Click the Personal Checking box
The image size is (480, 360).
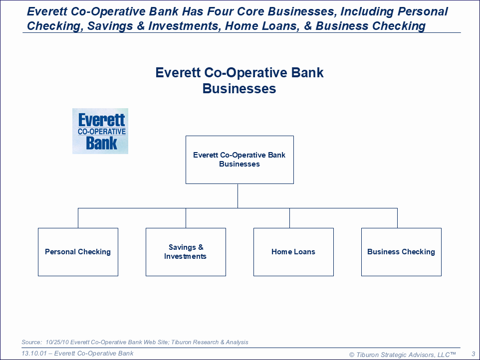[78, 252]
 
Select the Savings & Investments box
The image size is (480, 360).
[186, 252]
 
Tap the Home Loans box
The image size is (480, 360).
[293, 252]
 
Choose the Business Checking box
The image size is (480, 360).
[401, 252]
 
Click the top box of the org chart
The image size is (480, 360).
[240, 160]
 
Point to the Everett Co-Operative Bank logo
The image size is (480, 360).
[100, 131]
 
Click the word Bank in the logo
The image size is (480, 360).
[101, 143]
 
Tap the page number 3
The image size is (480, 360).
[474, 354]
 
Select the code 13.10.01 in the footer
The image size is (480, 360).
[34, 354]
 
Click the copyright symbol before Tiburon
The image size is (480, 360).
[352, 355]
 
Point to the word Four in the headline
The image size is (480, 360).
[220, 11]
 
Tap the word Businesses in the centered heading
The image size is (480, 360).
[239, 89]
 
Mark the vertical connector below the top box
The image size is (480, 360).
[238, 196]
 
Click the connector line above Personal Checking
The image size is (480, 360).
[78, 218]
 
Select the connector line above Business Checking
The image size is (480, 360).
[397, 218]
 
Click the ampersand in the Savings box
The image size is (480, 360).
[201, 247]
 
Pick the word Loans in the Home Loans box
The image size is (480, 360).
[304, 252]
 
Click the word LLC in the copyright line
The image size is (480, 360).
[444, 355]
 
